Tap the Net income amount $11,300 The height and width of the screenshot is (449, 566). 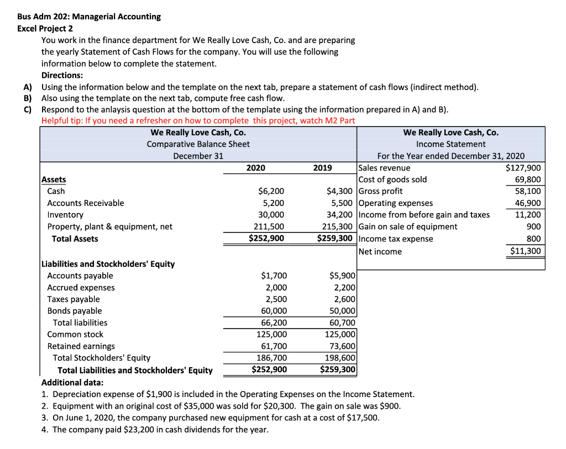pyautogui.click(x=525, y=251)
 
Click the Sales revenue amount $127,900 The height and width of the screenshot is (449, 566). pyautogui.click(x=523, y=168)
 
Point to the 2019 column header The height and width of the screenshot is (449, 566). pyautogui.click(x=322, y=168)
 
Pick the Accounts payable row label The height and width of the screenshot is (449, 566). pyautogui.click(x=80, y=276)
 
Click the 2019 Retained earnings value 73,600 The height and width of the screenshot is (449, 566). pyautogui.click(x=342, y=346)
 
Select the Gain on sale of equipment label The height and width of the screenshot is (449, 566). pyautogui.click(x=408, y=226)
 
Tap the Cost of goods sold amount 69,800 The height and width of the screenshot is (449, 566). pyautogui.click(x=528, y=179)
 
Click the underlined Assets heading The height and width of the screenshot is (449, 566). pyautogui.click(x=54, y=179)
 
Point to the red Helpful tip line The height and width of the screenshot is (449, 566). pyautogui.click(x=198, y=121)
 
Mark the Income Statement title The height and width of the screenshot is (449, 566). pyautogui.click(x=450, y=144)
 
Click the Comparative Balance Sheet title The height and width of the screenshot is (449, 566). pyautogui.click(x=198, y=144)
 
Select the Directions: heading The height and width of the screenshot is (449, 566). pyautogui.click(x=62, y=75)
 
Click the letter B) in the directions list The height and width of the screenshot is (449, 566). pyautogui.click(x=27, y=98)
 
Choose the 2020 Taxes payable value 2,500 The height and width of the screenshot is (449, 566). pyautogui.click(x=275, y=299)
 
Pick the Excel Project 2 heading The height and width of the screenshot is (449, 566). pyautogui.click(x=45, y=28)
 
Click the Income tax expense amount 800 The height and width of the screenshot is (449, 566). pyautogui.click(x=534, y=239)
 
